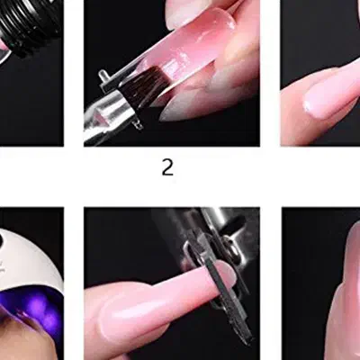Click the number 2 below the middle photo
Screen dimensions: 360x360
click(x=167, y=167)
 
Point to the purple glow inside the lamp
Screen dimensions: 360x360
click(x=34, y=306)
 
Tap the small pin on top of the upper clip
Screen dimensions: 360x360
click(x=103, y=74)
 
